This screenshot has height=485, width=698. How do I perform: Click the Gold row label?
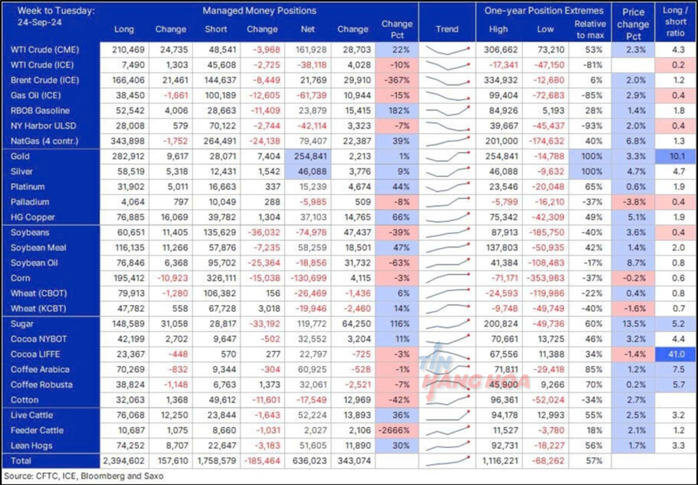[20, 156]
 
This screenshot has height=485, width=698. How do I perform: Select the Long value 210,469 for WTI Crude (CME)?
[128, 49]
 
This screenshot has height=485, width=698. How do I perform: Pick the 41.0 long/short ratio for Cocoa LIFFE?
[676, 354]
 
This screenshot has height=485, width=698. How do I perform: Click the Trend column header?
[447, 29]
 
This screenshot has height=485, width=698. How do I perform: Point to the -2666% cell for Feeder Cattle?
[394, 430]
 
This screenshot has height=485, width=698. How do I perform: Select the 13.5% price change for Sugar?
[634, 324]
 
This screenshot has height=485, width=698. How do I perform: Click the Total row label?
[21, 461]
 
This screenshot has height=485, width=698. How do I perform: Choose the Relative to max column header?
[590, 29]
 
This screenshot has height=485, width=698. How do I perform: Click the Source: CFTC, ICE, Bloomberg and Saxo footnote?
[84, 476]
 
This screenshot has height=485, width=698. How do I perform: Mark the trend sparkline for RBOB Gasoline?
[447, 110]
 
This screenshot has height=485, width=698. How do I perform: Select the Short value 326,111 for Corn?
[220, 278]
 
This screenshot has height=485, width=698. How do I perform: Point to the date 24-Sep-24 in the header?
[40, 23]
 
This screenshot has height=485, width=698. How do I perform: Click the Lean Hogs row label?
[32, 445]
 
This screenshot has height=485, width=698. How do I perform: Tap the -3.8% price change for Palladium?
[634, 202]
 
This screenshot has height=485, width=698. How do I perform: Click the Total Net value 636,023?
[309, 461]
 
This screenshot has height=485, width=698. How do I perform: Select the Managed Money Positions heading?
[259, 11]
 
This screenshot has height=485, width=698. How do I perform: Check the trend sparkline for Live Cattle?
[447, 415]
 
